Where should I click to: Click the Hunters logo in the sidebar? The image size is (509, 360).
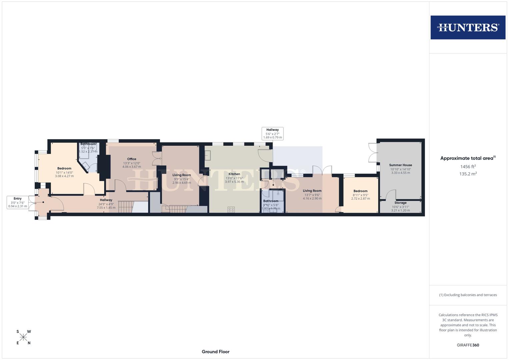coord(468,27)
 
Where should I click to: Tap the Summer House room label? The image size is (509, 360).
coord(400,165)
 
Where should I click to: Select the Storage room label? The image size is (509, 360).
coord(400,203)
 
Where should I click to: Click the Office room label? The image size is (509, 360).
coord(132,159)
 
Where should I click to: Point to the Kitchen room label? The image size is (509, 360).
coord(234,174)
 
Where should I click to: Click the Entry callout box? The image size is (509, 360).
coord(17,202)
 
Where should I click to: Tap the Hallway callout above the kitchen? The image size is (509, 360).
coord(272,133)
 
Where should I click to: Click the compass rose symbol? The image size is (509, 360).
coord(23,337)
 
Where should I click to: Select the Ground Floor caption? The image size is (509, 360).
coord(215,352)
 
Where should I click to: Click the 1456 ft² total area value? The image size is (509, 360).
coord(468,166)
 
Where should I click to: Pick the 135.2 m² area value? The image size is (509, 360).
coord(468,174)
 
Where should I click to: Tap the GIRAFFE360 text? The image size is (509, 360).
coord(468,345)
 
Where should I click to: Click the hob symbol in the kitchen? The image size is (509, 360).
coord(231,209)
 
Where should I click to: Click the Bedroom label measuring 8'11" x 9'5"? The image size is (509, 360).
coord(360,191)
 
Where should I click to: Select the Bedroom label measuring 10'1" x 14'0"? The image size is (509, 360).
coord(64,168)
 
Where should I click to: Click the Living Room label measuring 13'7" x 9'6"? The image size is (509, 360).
coord(312,191)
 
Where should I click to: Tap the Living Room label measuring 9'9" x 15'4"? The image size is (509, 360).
coord(182,175)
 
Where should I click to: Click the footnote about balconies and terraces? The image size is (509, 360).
coord(468,295)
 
